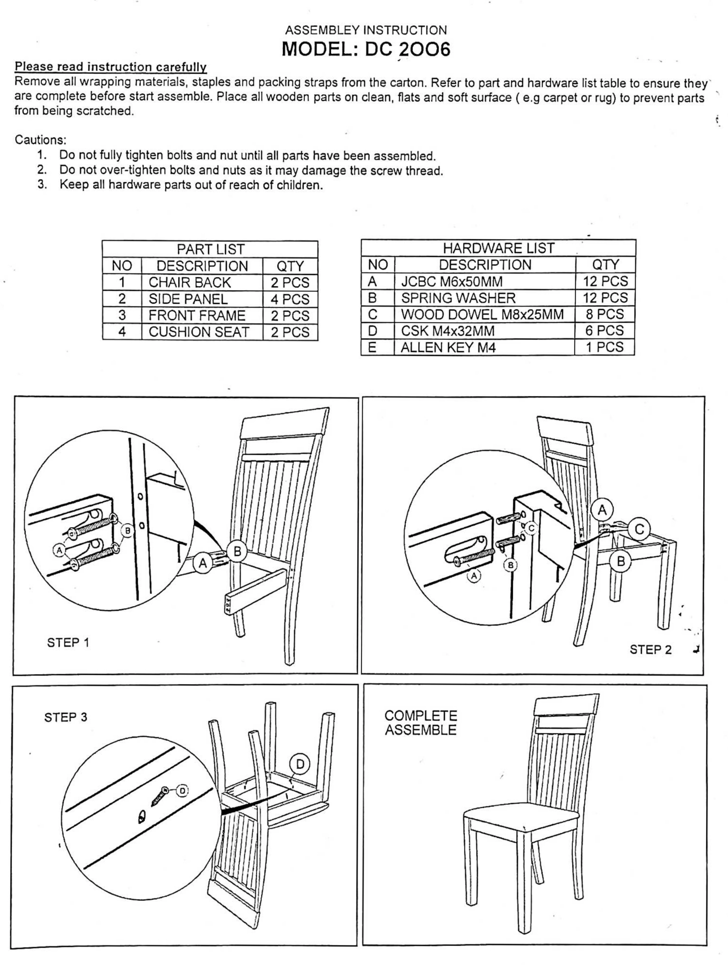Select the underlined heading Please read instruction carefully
click(110, 67)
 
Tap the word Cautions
click(40, 140)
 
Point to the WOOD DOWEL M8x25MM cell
click(482, 314)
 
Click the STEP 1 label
click(68, 643)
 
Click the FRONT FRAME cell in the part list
click(197, 315)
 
